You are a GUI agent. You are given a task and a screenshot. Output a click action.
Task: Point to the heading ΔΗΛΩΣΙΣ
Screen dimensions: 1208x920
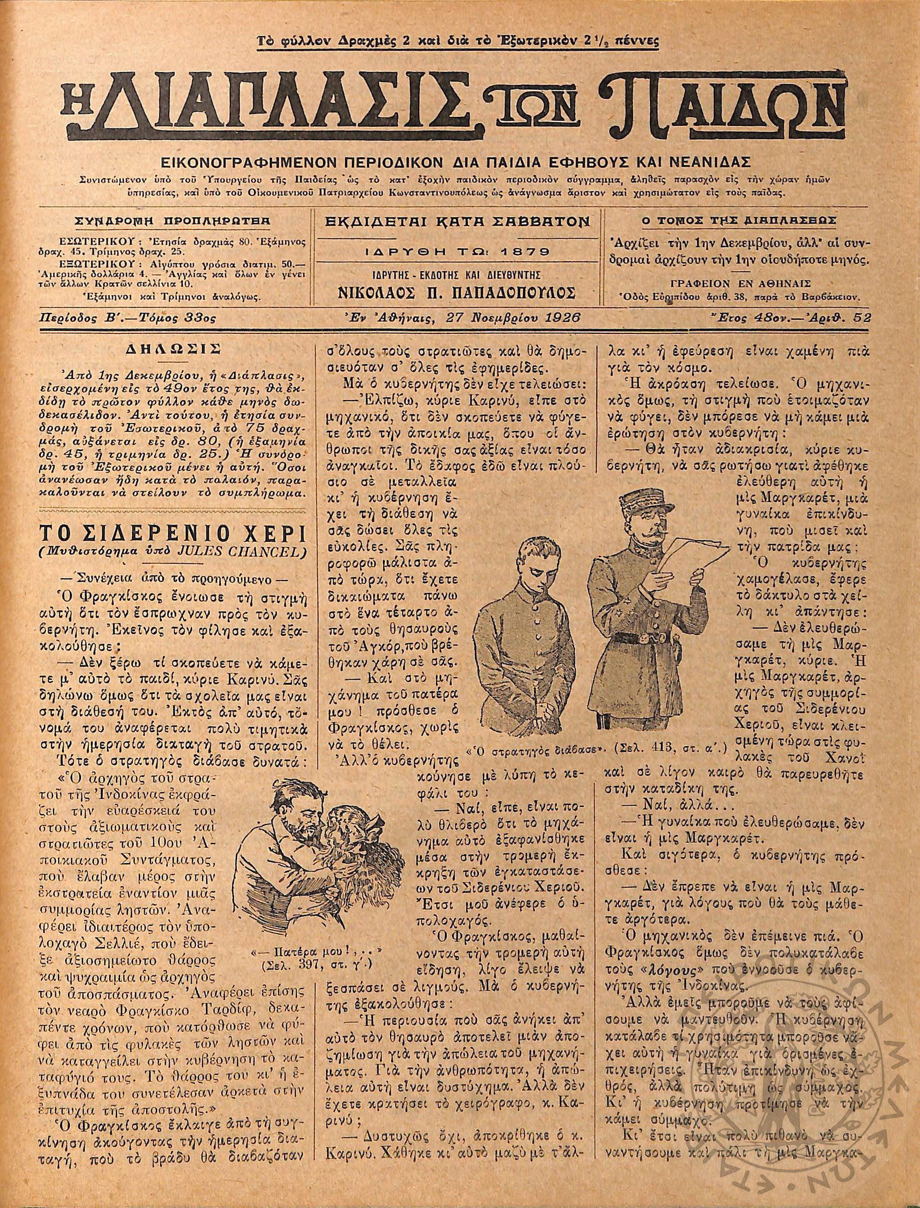point(172,349)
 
